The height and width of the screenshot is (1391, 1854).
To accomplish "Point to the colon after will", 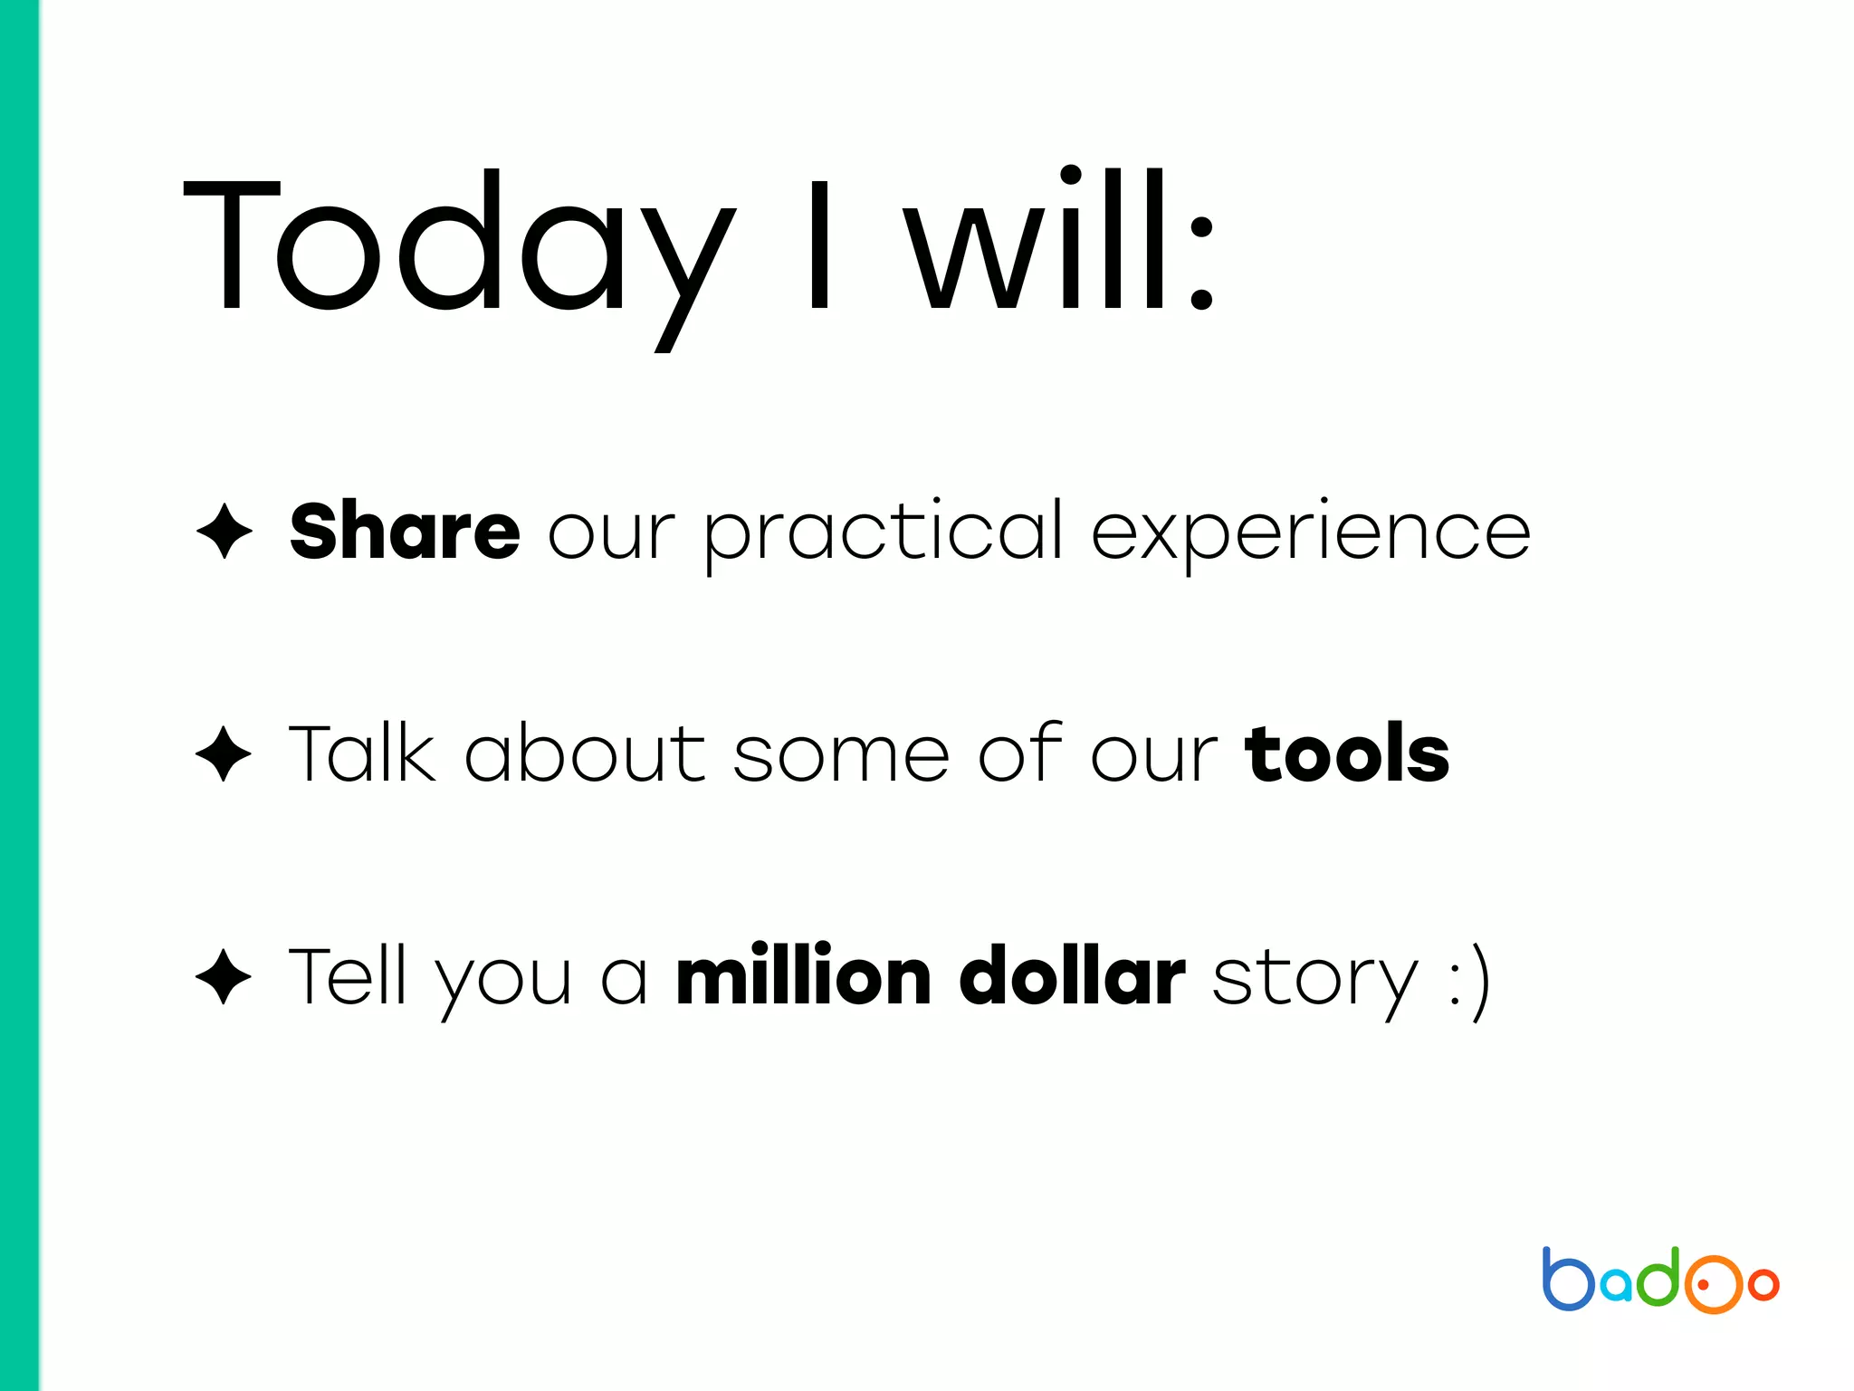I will [x=1200, y=263].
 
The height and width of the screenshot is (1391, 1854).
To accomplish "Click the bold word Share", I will [x=405, y=532].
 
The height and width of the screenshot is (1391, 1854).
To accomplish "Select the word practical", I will [x=884, y=534].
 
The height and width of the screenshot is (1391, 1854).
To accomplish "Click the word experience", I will [x=1311, y=534].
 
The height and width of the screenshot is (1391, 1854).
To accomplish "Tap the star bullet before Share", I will [x=224, y=532].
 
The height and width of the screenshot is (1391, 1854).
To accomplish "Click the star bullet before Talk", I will [x=224, y=753].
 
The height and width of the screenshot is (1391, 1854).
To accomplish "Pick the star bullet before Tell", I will [x=224, y=976].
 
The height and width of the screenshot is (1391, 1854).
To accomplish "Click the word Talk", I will [x=362, y=753].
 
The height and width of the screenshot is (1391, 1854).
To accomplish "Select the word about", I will [x=584, y=753].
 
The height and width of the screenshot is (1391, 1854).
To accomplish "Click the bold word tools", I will [x=1347, y=753].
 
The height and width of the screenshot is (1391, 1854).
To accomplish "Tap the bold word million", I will [x=804, y=976].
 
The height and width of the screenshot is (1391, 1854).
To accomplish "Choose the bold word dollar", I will [x=1072, y=976].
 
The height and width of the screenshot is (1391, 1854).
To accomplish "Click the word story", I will [x=1314, y=983].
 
